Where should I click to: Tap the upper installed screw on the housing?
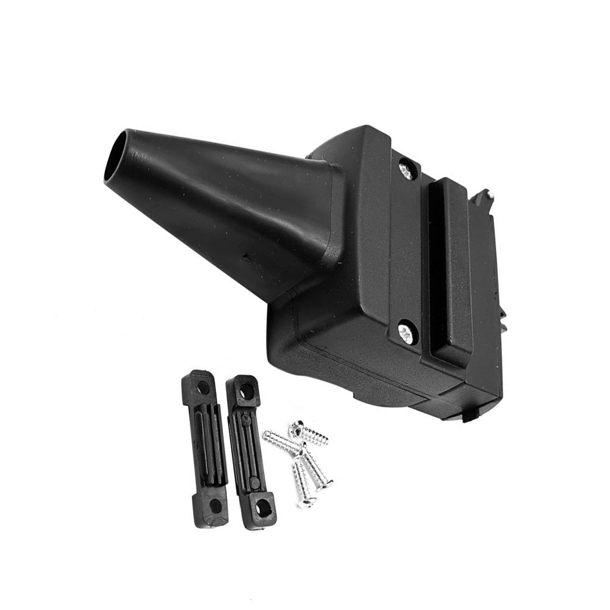pyautogui.click(x=406, y=169)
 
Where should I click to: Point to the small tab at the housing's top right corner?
pyautogui.click(x=485, y=196)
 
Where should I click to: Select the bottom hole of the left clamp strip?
pyautogui.click(x=215, y=506)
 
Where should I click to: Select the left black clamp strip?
pyautogui.click(x=206, y=448)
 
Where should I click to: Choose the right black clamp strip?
pyautogui.click(x=251, y=451)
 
